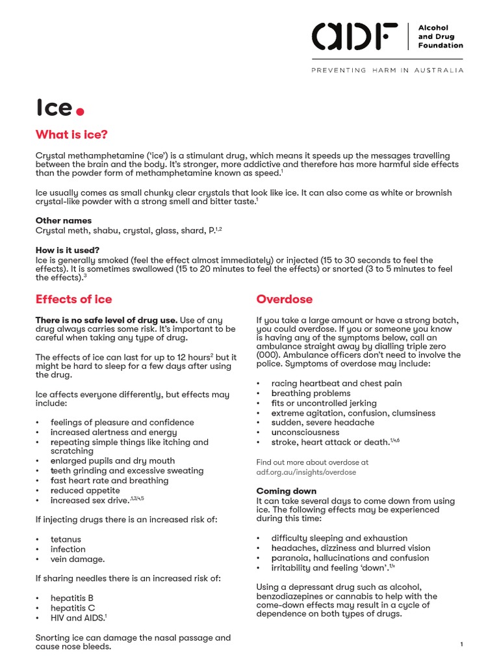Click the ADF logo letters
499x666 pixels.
click(355, 36)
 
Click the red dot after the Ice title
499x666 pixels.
click(80, 111)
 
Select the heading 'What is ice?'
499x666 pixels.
click(71, 135)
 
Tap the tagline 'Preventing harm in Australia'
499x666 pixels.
click(387, 70)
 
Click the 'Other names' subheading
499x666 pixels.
click(63, 220)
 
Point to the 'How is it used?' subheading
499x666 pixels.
click(67, 250)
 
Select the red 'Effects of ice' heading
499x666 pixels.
click(73, 299)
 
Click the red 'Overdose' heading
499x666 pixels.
click(284, 299)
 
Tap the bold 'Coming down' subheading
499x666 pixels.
click(287, 491)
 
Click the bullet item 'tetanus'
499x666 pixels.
click(66, 539)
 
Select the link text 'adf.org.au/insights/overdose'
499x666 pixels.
click(306, 472)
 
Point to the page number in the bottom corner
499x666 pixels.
click(461, 644)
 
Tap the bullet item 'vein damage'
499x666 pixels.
click(77, 559)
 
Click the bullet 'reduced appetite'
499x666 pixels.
click(85, 490)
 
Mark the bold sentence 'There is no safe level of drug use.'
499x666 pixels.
click(106, 319)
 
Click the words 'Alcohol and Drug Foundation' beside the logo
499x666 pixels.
click(440, 36)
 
